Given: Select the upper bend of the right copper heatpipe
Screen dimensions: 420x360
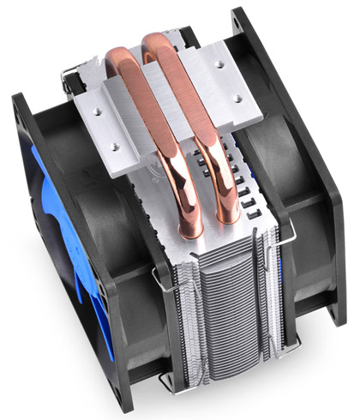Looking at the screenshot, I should coord(159,43).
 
